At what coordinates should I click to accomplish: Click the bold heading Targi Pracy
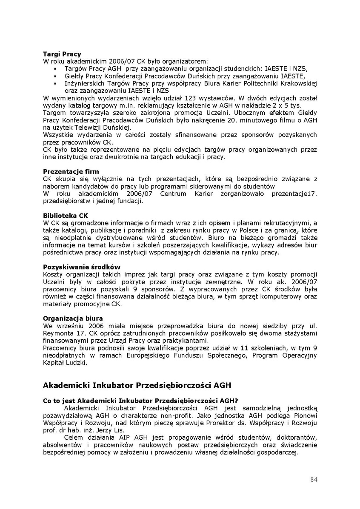62,54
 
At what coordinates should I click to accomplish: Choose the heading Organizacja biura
73,318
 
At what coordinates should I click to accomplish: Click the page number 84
314,480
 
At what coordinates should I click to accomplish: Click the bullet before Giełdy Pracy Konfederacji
55,76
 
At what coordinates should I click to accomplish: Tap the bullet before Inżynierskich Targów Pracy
55,84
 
